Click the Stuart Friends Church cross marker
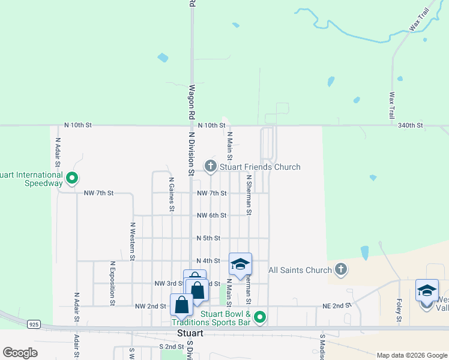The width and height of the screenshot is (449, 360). coord(210,166)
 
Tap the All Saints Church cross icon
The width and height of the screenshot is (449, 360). coord(341,269)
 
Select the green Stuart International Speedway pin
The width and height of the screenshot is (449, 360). coord(72,178)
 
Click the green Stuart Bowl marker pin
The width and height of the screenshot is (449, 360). coord(259,317)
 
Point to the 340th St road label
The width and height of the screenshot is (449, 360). coord(411,125)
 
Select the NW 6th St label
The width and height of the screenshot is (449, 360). coord(212,215)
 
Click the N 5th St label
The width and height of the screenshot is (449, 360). coord(209,238)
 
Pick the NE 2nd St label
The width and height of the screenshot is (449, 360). coord(336,305)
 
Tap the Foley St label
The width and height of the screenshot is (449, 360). coord(399,312)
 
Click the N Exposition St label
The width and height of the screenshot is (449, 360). coord(112,283)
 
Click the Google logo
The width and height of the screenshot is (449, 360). coord(20,353)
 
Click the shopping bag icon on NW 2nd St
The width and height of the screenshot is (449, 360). coord(181,305)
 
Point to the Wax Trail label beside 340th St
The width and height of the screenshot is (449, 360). coord(391,104)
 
